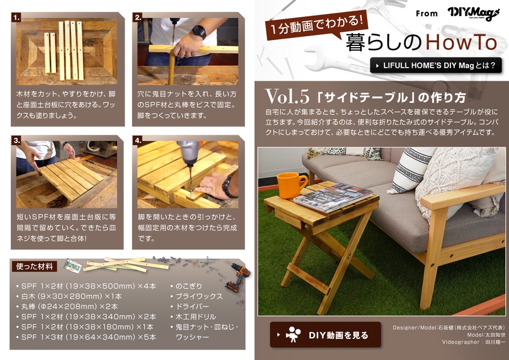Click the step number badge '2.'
click(x=138, y=17)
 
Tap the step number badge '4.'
click(x=138, y=141)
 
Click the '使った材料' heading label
click(x=35, y=266)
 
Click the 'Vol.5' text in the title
click(x=287, y=96)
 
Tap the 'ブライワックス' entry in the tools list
click(x=199, y=296)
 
